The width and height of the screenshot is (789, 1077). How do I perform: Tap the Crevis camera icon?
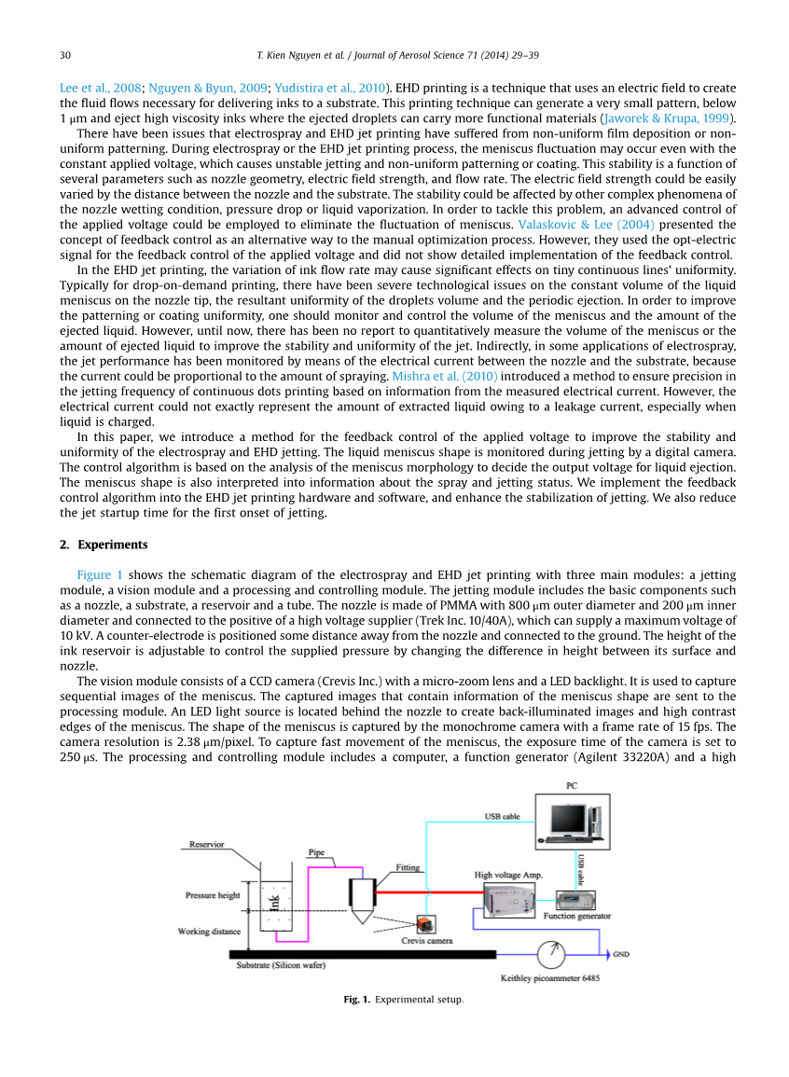pyautogui.click(x=425, y=924)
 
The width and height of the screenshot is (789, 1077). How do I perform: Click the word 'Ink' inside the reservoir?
pyautogui.click(x=273, y=903)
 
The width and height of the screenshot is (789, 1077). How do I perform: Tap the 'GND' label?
pyautogui.click(x=620, y=955)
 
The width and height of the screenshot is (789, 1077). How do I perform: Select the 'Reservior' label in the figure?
pyautogui.click(x=207, y=845)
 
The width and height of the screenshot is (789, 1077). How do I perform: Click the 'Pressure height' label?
pyautogui.click(x=213, y=895)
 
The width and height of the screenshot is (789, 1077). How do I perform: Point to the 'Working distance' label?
pyautogui.click(x=209, y=932)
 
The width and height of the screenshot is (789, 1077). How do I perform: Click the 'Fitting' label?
pyautogui.click(x=408, y=867)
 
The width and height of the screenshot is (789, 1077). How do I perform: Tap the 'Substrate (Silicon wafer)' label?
pyautogui.click(x=281, y=965)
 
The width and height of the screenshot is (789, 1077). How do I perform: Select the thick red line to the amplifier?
pyautogui.click(x=429, y=892)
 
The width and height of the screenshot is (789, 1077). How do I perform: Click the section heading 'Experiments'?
pyautogui.click(x=112, y=545)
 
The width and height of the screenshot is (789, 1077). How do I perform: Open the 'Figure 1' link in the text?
pyautogui.click(x=100, y=574)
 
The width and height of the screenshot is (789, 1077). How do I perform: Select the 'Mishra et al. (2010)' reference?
pyautogui.click(x=444, y=376)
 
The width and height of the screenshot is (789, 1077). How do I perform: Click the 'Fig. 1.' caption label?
pyautogui.click(x=356, y=1000)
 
